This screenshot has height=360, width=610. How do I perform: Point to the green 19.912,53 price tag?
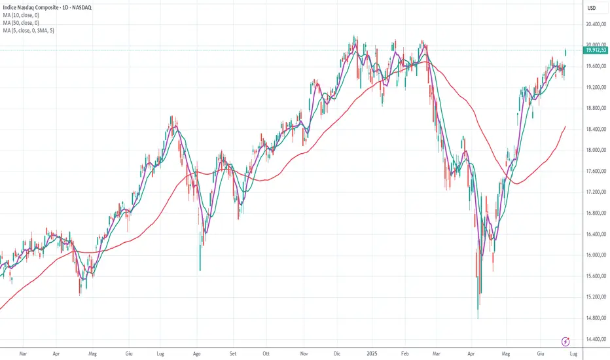(592, 49)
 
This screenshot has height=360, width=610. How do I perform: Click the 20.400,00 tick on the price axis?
(592, 25)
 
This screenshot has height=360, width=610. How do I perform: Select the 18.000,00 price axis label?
(592, 151)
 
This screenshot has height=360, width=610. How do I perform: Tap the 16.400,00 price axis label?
(592, 234)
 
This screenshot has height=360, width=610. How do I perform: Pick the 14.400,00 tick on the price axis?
(592, 339)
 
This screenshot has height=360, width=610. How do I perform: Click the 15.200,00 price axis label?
(592, 297)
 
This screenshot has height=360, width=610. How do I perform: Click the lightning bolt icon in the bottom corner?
(566, 341)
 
